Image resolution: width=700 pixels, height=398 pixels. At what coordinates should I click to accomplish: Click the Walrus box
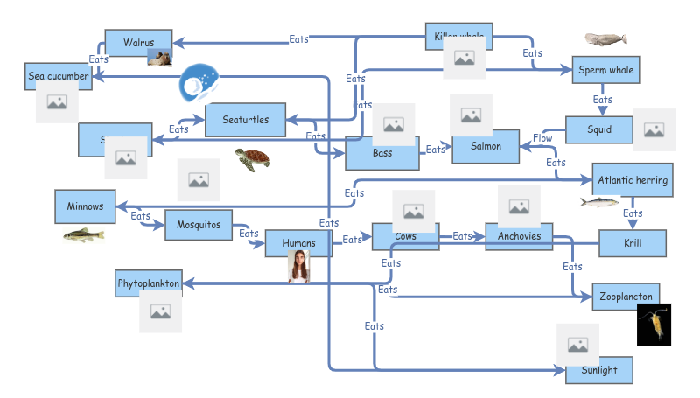coord(137,42)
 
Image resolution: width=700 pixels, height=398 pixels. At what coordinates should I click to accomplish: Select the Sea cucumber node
coord(59,76)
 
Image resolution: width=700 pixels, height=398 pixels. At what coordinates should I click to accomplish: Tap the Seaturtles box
coord(246,119)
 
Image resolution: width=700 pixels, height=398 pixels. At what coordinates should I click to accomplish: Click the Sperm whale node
coord(606,70)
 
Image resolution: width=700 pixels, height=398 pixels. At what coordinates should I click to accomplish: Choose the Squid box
coord(599,130)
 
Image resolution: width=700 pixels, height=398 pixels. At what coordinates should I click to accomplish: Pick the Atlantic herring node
coord(633,180)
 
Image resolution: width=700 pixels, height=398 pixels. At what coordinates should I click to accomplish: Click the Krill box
coord(633,243)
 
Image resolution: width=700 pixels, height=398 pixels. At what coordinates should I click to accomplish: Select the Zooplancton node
coord(625,297)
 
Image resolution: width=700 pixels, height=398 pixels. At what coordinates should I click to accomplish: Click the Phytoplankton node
coord(149,283)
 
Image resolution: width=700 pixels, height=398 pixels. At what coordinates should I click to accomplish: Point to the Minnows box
coord(85,206)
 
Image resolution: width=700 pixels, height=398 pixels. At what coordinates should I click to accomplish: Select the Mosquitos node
coord(199,224)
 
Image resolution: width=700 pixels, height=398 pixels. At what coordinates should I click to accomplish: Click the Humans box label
coord(298,242)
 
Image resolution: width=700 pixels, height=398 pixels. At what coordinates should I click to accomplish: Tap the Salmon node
coord(486,147)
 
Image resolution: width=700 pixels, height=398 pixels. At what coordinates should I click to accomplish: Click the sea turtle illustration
coord(252,159)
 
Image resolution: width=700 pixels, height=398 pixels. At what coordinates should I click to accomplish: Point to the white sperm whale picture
coord(605,39)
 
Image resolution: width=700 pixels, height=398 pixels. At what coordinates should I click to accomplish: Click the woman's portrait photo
coord(299,267)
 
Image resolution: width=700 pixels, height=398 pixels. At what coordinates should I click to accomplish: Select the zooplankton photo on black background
coord(654,325)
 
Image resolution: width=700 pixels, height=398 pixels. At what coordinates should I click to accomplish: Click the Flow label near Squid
coord(542,138)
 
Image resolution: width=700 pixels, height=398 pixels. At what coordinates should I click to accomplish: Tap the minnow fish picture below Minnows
coord(83,234)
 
